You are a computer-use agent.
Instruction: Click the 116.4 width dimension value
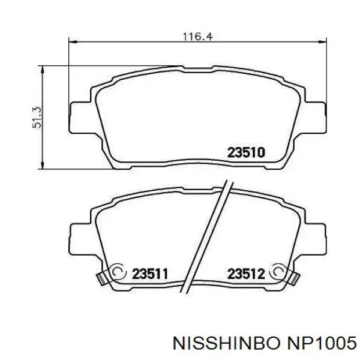(x=198, y=37)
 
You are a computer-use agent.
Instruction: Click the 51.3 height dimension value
(x=37, y=118)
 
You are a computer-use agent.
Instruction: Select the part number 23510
(x=246, y=152)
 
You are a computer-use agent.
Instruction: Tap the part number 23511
(x=150, y=274)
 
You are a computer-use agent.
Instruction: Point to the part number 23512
(x=246, y=274)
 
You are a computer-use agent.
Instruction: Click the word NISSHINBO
(x=227, y=343)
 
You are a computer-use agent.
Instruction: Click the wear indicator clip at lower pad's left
(x=101, y=279)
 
